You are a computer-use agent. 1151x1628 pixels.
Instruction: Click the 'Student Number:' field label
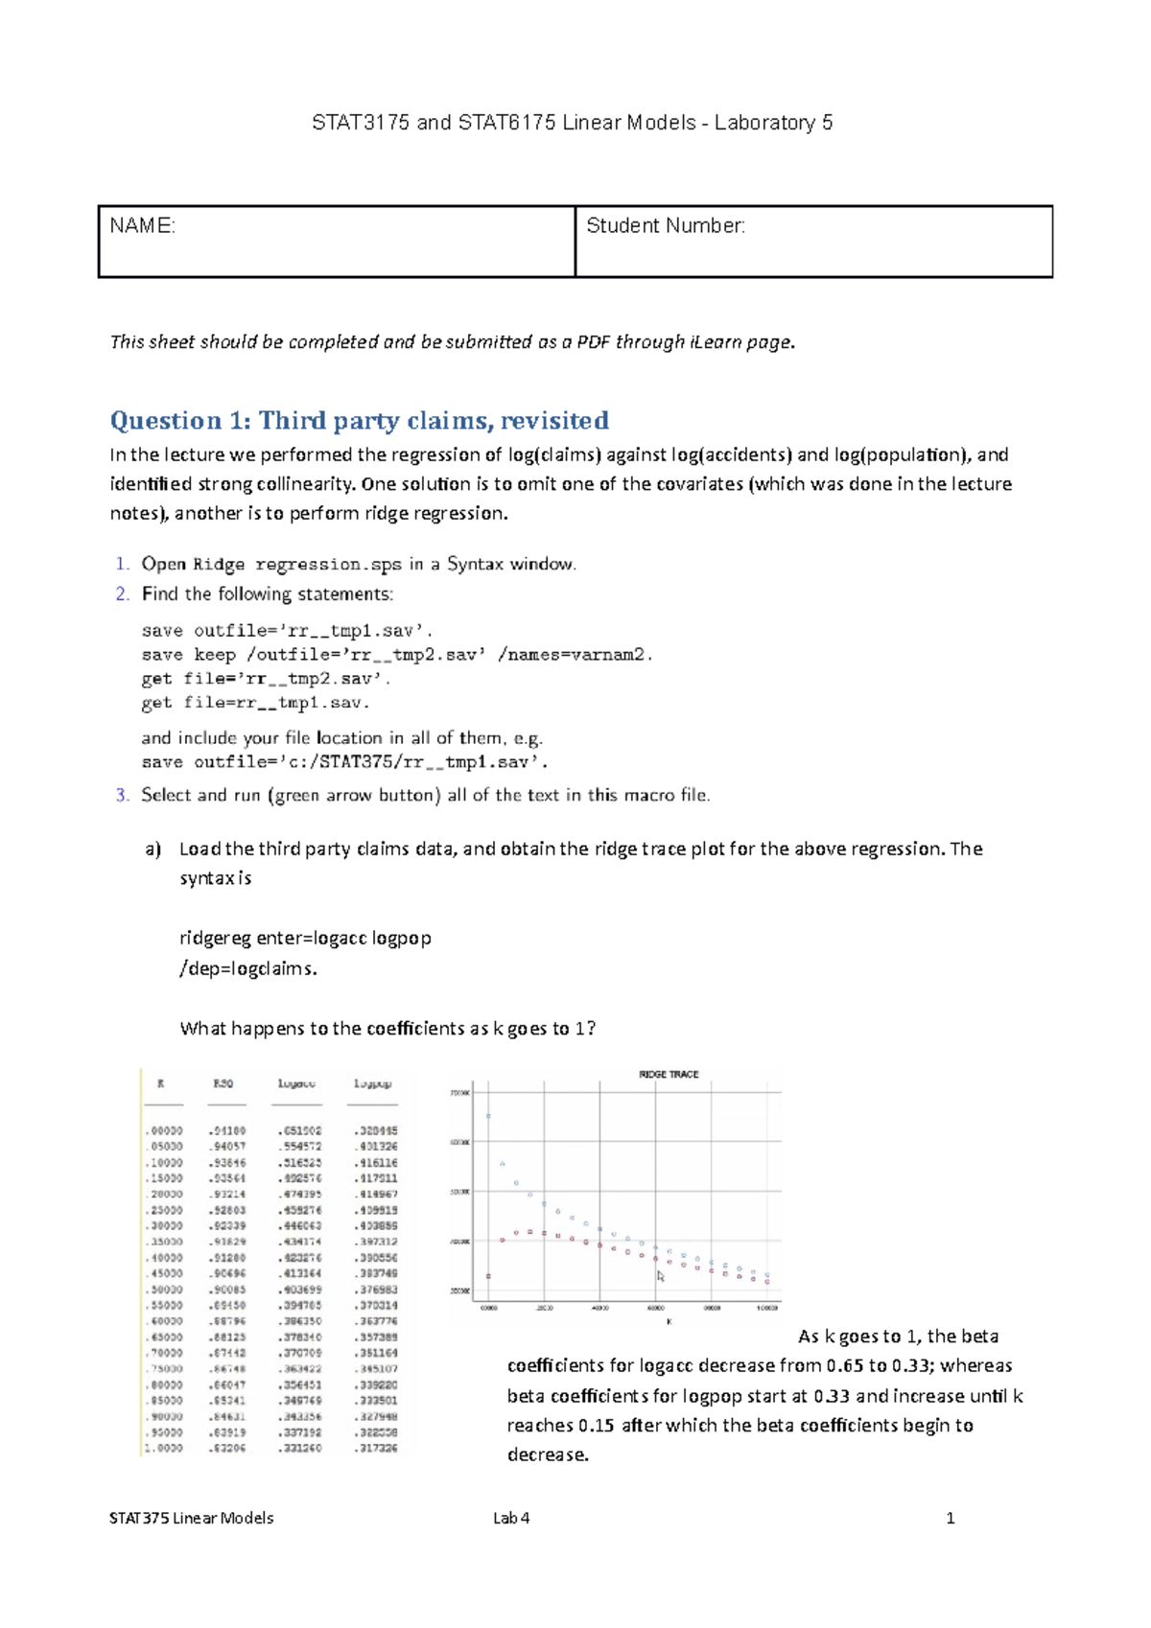click(x=665, y=226)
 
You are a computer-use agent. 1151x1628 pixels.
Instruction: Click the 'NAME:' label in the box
click(x=142, y=226)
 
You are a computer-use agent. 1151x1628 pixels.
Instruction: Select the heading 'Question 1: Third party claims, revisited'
click(x=359, y=421)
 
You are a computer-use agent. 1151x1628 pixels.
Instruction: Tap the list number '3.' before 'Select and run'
click(x=122, y=795)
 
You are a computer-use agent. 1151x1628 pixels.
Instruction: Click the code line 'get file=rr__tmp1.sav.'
click(x=255, y=703)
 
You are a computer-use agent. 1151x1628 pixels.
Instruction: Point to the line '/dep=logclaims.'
click(x=247, y=968)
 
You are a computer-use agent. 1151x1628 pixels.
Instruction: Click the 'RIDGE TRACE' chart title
click(x=669, y=1075)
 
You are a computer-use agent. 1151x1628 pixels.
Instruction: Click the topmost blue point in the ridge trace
click(x=488, y=1116)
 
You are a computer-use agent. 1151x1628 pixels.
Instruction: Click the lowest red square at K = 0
click(x=488, y=1276)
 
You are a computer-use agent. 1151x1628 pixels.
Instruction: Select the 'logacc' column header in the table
click(x=296, y=1083)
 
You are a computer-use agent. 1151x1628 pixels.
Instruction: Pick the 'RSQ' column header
click(x=223, y=1083)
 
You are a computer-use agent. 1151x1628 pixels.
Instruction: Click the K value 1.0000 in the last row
click(x=163, y=1448)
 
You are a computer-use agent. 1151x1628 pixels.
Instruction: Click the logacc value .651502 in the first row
click(x=299, y=1131)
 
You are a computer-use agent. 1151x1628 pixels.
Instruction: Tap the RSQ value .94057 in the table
click(x=226, y=1147)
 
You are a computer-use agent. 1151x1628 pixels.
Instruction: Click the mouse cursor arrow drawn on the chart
click(x=660, y=1276)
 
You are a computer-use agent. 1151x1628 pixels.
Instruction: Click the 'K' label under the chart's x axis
click(x=669, y=1321)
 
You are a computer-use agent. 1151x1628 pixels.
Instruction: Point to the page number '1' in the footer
click(x=950, y=1518)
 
